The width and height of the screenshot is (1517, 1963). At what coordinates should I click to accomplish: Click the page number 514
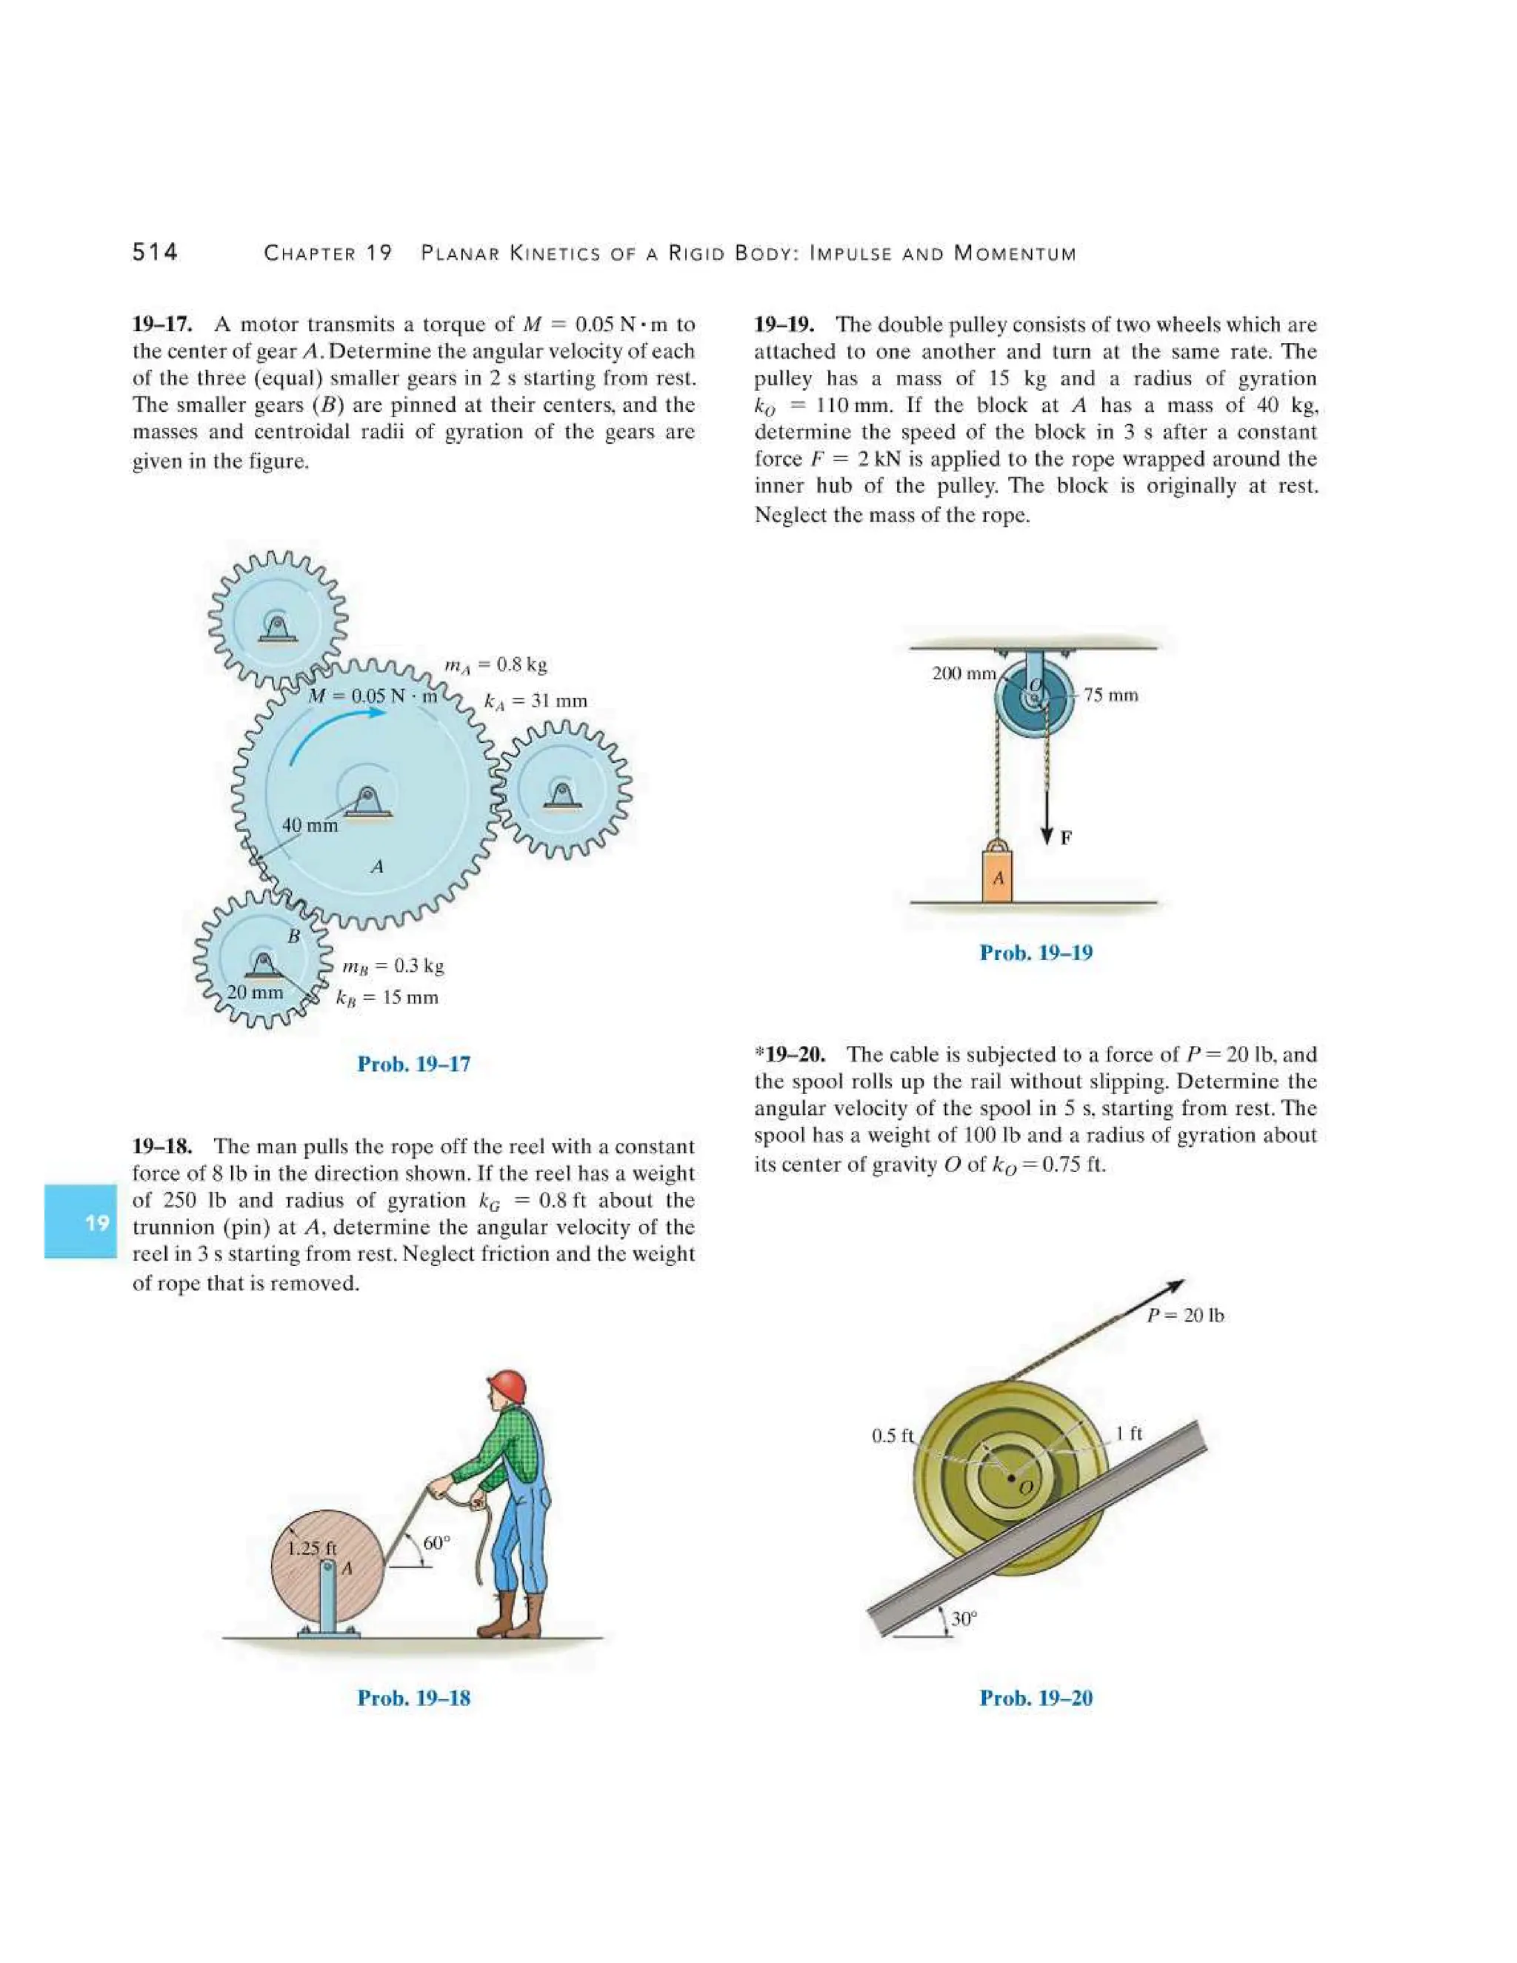pos(155,252)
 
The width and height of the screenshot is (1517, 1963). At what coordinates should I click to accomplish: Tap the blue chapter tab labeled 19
pos(80,1222)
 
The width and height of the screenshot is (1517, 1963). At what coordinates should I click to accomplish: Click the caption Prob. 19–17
pos(413,1064)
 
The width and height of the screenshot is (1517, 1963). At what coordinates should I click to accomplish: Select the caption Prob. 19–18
pos(413,1698)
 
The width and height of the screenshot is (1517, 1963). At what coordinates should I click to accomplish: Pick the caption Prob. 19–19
pos(1036,953)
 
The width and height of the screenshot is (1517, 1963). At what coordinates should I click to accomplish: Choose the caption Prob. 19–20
pos(1036,1698)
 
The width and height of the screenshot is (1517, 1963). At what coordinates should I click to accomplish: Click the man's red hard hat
pos(507,1386)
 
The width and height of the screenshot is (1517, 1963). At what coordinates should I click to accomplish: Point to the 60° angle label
pos(436,1543)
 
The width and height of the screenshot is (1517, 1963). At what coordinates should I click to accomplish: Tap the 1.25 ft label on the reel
pos(311,1549)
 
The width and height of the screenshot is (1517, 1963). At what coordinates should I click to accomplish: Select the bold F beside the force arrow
pos(1066,838)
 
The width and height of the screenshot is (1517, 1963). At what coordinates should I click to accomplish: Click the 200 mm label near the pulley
pos(964,673)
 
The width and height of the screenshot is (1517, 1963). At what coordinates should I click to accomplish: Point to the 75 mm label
pos(1111,695)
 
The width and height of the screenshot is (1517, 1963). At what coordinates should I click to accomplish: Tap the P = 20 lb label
pos(1185,1315)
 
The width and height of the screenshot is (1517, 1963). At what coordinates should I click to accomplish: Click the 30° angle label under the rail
pos(964,1619)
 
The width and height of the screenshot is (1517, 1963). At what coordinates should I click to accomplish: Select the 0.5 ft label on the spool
pos(893,1436)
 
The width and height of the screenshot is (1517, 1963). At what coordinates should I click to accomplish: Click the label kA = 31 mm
pos(536,701)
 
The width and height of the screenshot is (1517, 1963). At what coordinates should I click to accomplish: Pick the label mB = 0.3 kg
pos(393,966)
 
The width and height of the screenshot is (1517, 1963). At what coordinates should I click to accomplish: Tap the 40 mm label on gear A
pos(310,825)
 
